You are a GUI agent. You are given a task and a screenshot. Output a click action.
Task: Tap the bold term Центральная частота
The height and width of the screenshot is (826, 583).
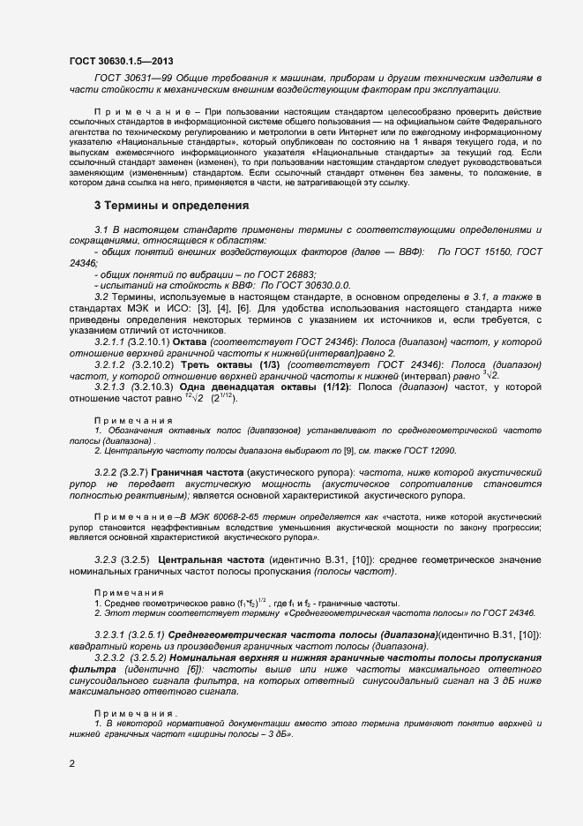[x=219, y=560]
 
